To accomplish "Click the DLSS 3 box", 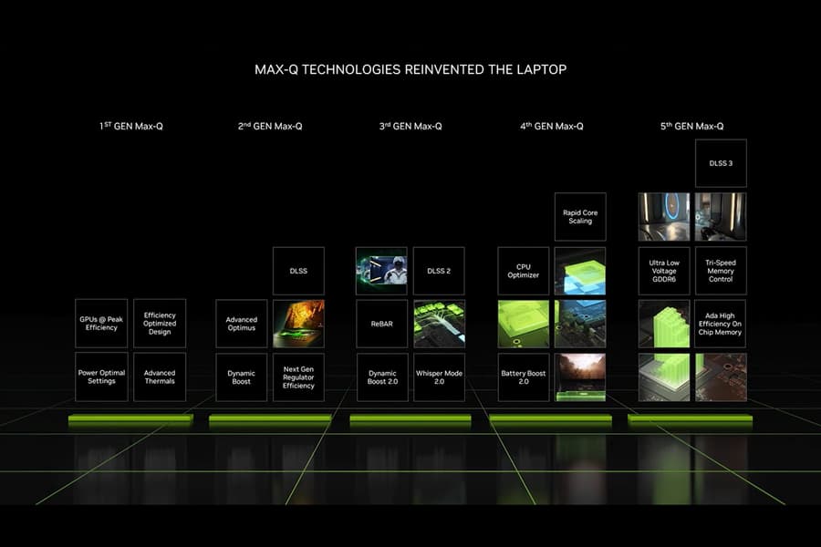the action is [x=721, y=163].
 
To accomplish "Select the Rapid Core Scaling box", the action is [x=580, y=217].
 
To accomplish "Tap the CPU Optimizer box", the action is [x=523, y=271].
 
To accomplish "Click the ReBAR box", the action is [x=381, y=324].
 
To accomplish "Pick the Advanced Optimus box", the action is [x=242, y=324].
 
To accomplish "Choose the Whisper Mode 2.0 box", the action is [x=439, y=377].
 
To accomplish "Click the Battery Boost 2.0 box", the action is [x=523, y=377].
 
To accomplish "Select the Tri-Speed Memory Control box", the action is [x=721, y=271].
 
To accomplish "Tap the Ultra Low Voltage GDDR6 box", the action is [x=664, y=271].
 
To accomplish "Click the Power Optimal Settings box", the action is [x=101, y=377].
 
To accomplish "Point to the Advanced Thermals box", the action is [x=160, y=377].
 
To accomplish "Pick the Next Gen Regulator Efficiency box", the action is [x=298, y=377].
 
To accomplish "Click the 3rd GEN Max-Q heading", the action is [x=410, y=126].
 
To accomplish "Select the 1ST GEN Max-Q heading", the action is [x=130, y=126].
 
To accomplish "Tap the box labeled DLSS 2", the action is [x=439, y=271].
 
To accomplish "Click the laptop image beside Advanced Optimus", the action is [x=298, y=324].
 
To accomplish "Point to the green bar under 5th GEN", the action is [x=691, y=419].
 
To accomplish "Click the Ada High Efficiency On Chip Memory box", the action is [x=721, y=324].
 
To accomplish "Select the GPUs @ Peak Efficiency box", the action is [x=101, y=324].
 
